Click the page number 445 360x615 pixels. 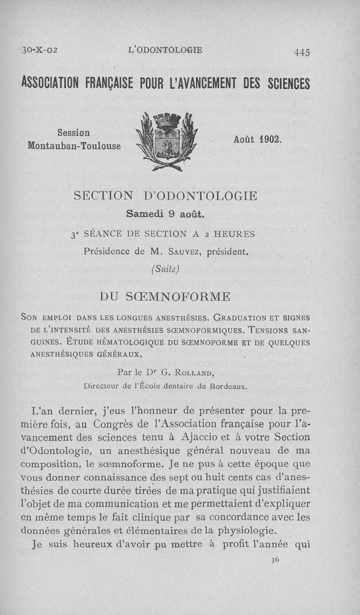coord(301,52)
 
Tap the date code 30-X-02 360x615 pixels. coord(38,50)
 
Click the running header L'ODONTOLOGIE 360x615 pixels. coord(165,50)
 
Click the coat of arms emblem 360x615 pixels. coord(167,141)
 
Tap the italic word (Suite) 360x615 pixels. coord(166,269)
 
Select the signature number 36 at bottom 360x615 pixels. coord(275,560)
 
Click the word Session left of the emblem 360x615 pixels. coord(74,133)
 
